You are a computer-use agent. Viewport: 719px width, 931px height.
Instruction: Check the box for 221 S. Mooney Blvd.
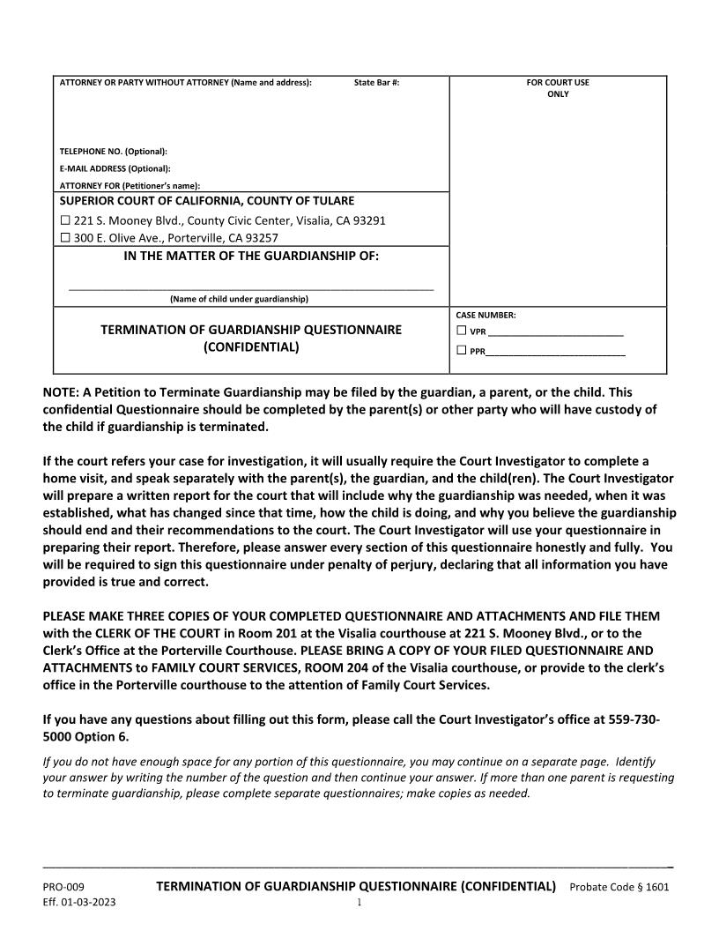pos(64,220)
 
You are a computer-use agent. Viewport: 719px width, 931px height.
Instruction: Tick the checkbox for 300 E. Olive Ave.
pos(64,238)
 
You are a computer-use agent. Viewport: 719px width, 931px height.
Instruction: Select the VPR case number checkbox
pos(461,331)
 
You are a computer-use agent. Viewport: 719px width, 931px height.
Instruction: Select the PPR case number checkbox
pos(461,351)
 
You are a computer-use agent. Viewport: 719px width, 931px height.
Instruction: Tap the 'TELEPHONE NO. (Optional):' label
pos(113,151)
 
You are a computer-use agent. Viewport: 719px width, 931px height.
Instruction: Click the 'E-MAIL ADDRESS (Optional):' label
pos(115,168)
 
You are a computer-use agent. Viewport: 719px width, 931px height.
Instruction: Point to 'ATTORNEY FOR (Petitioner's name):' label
pos(130,185)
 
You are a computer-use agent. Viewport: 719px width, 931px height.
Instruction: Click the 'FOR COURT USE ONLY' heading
pos(558,88)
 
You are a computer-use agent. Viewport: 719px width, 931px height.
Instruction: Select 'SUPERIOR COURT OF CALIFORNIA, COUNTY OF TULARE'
pos(206,201)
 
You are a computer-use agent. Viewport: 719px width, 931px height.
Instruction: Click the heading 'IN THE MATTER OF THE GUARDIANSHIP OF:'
pos(251,257)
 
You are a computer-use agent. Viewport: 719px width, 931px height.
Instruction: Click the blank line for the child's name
pos(251,287)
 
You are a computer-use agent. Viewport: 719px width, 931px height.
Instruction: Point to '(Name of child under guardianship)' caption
pos(239,299)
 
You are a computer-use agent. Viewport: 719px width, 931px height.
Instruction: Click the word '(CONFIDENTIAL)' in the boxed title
pos(251,346)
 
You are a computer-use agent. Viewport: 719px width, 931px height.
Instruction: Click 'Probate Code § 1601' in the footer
pos(619,886)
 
